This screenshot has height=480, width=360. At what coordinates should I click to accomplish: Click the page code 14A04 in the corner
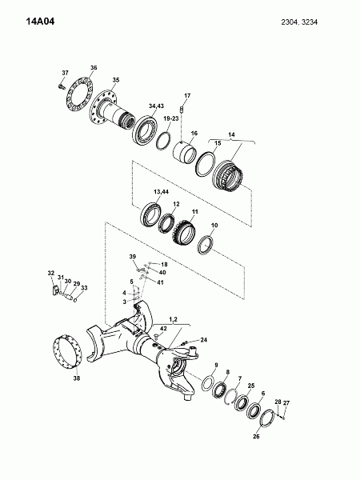[40, 22]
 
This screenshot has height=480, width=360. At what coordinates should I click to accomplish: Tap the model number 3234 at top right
[310, 22]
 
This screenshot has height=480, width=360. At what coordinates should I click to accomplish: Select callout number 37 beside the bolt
[66, 73]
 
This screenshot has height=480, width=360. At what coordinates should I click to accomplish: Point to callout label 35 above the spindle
[116, 80]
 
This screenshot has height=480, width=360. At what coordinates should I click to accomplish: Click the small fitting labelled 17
[182, 109]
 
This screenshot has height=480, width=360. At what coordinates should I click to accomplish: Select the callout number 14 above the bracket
[231, 134]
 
